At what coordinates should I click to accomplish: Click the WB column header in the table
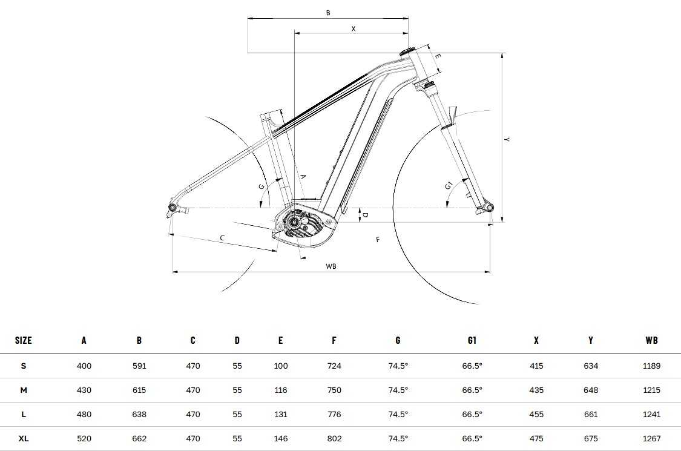point(651,340)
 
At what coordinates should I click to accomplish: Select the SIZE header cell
point(24,340)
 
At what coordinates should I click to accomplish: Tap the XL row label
point(24,438)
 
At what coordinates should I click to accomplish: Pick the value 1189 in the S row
point(652,366)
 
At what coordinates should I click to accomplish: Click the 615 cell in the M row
point(139,390)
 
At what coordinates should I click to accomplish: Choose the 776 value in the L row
point(334,415)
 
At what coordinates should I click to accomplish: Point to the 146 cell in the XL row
point(280,438)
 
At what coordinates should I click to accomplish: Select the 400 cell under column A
point(84,366)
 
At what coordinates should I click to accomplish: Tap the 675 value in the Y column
point(590,438)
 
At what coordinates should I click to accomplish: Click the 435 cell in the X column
point(536,390)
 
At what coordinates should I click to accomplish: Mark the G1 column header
point(472,340)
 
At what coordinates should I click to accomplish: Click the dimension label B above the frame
point(328,12)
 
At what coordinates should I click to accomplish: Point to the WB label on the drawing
point(331,266)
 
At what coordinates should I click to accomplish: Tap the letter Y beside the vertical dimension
point(507,140)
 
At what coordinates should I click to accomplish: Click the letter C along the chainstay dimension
point(222,239)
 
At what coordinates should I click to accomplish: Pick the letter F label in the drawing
point(378,240)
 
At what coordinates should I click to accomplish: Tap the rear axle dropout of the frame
point(173,208)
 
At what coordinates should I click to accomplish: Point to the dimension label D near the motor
point(364,214)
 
